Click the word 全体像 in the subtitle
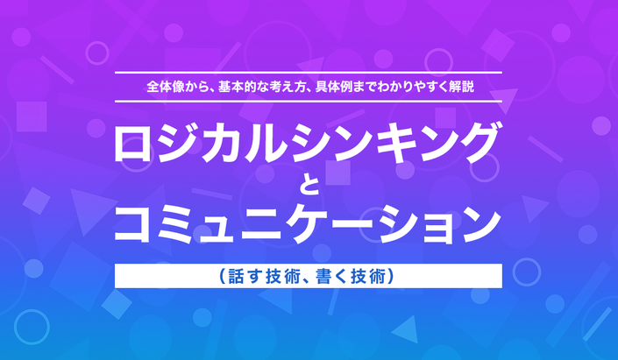[166, 87]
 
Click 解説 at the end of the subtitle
[462, 87]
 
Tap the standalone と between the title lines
[309, 186]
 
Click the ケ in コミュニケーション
[308, 223]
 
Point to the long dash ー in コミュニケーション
[351, 223]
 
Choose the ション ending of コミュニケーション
[437, 223]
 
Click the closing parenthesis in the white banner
[391, 276]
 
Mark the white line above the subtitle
[309, 73]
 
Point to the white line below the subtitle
[309, 102]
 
